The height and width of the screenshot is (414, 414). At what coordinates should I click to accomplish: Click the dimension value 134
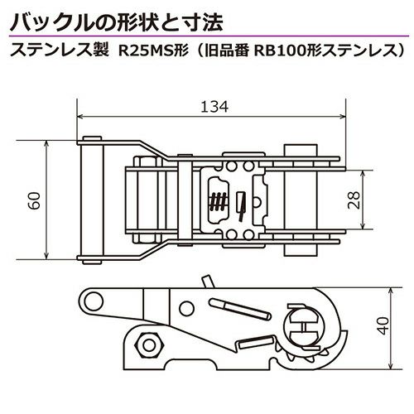tap(214, 107)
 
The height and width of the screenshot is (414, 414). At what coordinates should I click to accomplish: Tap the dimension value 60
tap(36, 200)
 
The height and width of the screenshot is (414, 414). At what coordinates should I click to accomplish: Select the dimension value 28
tap(354, 200)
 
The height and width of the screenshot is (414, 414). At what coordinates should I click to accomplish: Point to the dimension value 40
tap(383, 326)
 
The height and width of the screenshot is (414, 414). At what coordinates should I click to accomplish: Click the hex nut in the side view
tap(149, 345)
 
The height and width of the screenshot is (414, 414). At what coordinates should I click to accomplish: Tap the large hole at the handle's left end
tap(94, 301)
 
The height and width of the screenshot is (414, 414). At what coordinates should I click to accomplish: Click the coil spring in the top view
tap(219, 200)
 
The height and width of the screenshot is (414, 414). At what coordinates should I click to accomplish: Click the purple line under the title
tap(209, 36)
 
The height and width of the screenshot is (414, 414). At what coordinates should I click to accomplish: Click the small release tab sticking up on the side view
tap(207, 282)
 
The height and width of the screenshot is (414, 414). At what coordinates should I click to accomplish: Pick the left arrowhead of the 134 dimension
tap(80, 117)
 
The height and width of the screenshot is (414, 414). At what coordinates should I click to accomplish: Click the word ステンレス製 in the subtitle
tap(60, 51)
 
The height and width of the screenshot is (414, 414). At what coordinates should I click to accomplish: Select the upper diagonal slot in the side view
tap(240, 309)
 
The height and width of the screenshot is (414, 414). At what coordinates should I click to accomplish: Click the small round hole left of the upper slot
tap(186, 309)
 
